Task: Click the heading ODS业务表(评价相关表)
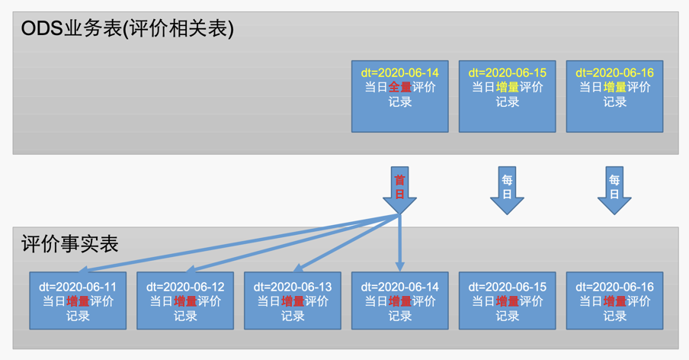[127, 29]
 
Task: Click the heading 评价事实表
[70, 244]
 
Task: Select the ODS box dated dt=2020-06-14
[399, 96]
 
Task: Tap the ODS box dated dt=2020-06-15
[507, 96]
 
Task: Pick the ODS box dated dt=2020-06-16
[614, 96]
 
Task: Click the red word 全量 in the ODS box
[400, 88]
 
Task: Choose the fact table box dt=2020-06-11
[78, 301]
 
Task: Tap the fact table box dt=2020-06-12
[185, 301]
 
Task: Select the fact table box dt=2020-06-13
[293, 301]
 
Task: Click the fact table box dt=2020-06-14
[399, 301]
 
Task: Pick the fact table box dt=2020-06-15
[507, 301]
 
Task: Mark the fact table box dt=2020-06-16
[614, 301]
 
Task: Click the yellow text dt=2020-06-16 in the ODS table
[614, 73]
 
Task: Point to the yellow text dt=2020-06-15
[507, 73]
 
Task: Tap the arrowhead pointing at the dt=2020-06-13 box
[300, 268]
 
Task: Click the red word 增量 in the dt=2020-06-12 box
[185, 301]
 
